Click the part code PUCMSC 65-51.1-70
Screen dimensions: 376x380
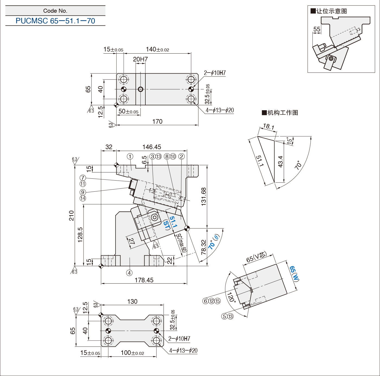55,21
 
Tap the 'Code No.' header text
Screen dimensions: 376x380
55,11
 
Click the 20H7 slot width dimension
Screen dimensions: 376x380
140,59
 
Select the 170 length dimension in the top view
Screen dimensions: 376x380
157,122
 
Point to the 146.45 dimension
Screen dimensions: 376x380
152,147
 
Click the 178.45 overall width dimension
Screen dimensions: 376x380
144,280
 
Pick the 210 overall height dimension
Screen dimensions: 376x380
71,215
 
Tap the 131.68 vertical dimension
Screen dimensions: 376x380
204,197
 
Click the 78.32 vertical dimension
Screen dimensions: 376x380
204,247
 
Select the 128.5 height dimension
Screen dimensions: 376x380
80,234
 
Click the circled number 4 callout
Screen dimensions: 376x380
129,273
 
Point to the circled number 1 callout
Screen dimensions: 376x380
130,156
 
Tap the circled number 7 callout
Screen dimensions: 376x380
83,178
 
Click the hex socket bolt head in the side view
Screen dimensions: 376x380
155,217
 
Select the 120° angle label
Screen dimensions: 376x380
231,297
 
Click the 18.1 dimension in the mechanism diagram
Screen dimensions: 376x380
269,126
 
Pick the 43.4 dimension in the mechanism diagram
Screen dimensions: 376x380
280,161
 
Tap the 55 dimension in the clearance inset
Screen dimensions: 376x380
317,29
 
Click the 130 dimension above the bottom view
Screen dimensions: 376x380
132,302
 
